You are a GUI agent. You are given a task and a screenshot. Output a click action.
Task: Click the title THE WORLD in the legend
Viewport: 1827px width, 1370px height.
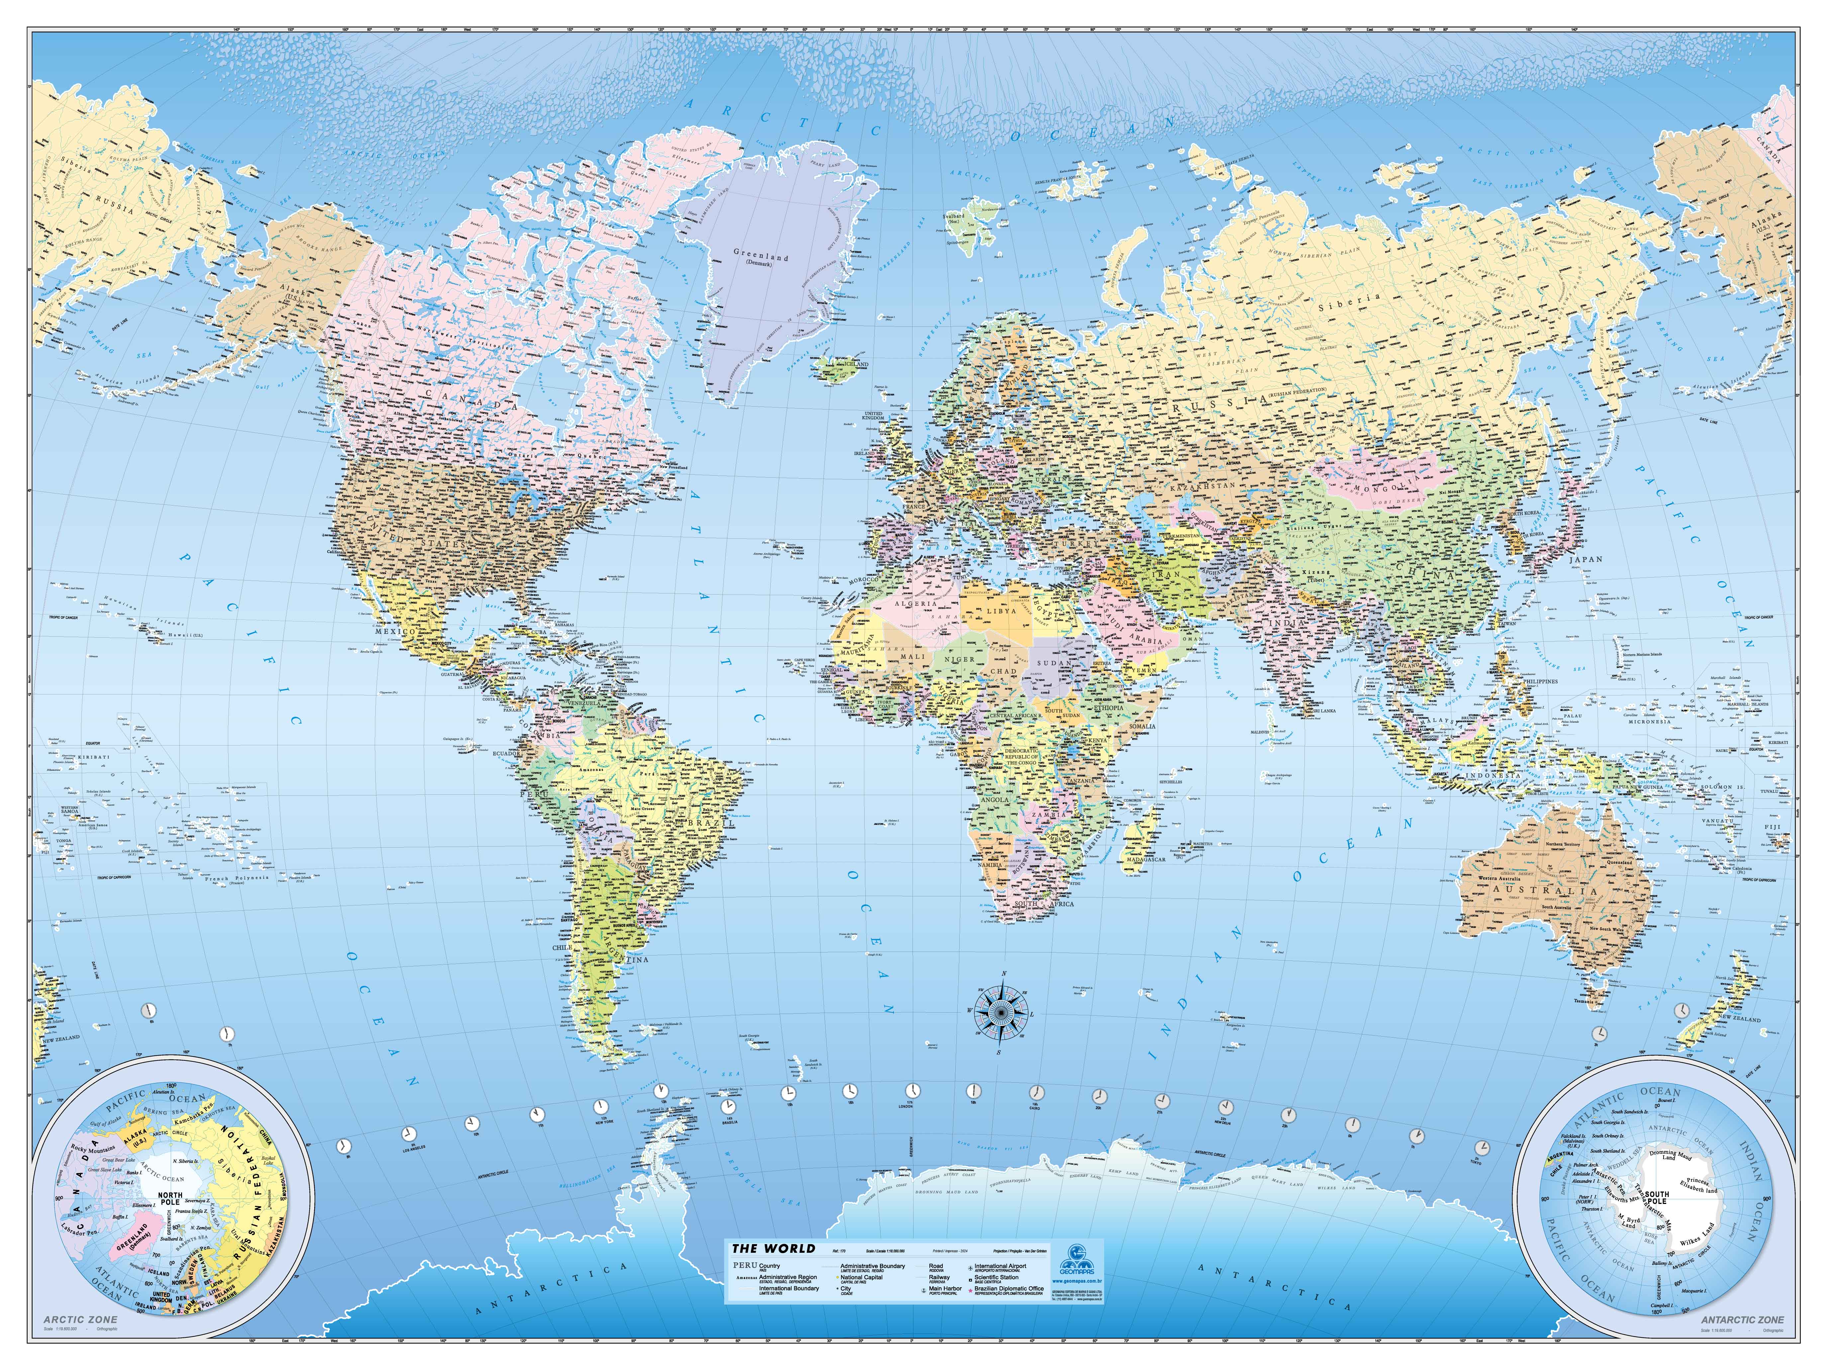(x=773, y=1248)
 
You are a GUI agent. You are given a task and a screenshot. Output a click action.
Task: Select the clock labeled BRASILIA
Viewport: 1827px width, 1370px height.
(x=728, y=1107)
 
